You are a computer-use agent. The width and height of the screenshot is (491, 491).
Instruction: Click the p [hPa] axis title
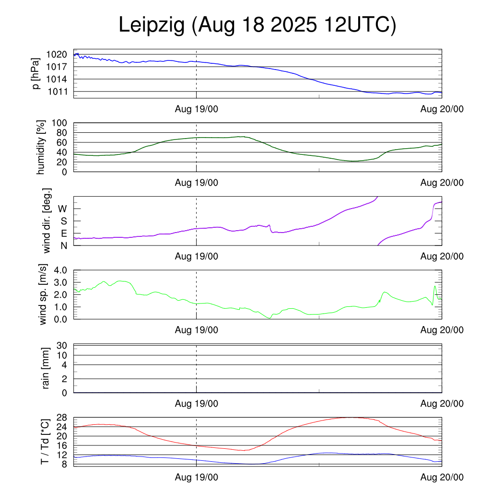36,73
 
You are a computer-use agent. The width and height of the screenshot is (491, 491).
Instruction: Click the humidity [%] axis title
40,147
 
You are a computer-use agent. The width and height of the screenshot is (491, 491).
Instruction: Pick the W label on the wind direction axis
62,209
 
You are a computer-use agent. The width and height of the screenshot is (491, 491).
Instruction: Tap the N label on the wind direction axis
63,245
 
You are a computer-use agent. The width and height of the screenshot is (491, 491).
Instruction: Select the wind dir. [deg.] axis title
47,221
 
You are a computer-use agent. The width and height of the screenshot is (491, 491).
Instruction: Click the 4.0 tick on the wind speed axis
61,270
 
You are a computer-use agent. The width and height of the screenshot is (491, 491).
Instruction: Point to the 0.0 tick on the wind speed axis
61,319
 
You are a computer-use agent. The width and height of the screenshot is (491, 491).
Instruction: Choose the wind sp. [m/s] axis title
44,294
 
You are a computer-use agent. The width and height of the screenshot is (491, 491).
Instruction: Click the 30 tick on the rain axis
62,345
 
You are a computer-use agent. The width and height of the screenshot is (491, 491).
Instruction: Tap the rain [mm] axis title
46,368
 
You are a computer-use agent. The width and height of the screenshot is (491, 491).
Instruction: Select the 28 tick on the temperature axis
63,417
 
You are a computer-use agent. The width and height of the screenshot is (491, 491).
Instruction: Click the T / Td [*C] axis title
44,441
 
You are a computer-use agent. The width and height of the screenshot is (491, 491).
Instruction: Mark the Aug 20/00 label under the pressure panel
442,109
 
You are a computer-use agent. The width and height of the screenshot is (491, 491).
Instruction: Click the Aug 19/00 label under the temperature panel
196,477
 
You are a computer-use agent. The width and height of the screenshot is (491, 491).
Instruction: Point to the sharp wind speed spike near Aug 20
435,286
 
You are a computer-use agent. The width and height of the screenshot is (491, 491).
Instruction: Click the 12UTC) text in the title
360,26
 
